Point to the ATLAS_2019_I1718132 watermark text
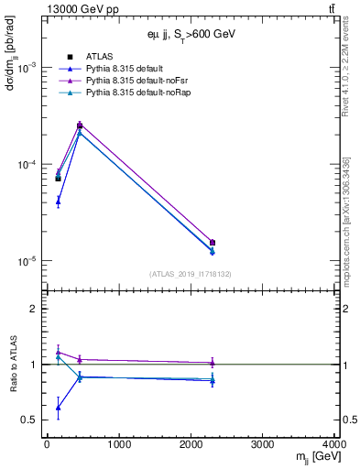pos(191,274)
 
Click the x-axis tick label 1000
pos(118,445)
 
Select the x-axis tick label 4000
pos(336,445)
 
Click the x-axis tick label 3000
pos(264,445)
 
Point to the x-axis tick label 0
pos(47,445)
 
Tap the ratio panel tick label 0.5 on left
pos(31,420)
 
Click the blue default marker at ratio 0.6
pos(58,408)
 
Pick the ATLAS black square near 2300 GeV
pos(213,243)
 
